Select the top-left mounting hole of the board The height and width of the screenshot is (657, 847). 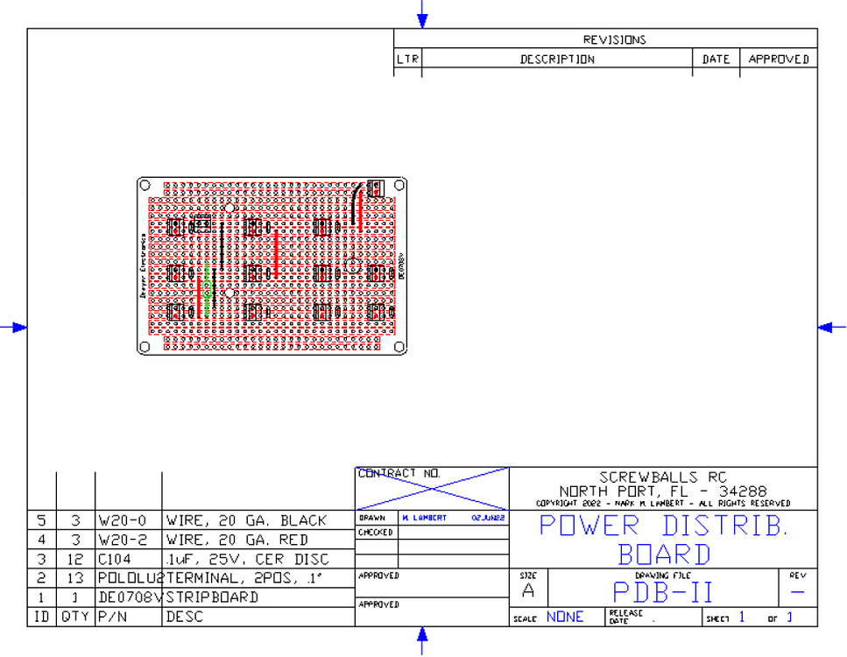coord(145,186)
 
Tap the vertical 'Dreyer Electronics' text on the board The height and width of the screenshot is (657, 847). coord(143,267)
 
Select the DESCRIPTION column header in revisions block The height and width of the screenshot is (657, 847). coord(557,60)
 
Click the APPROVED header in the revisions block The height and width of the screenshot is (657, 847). coord(778,60)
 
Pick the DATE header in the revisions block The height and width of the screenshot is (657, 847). coord(716,60)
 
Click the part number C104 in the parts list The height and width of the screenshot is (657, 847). coord(115,559)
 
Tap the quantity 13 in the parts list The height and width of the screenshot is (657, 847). coord(75,578)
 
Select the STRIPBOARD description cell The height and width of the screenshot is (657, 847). coord(212,597)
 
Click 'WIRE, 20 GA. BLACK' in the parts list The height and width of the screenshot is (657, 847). coord(246,520)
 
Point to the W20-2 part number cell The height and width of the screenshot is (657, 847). coord(117,540)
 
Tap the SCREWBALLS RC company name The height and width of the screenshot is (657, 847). coord(663,477)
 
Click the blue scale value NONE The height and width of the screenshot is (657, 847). coord(565,617)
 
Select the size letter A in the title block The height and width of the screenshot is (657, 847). coord(528,590)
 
